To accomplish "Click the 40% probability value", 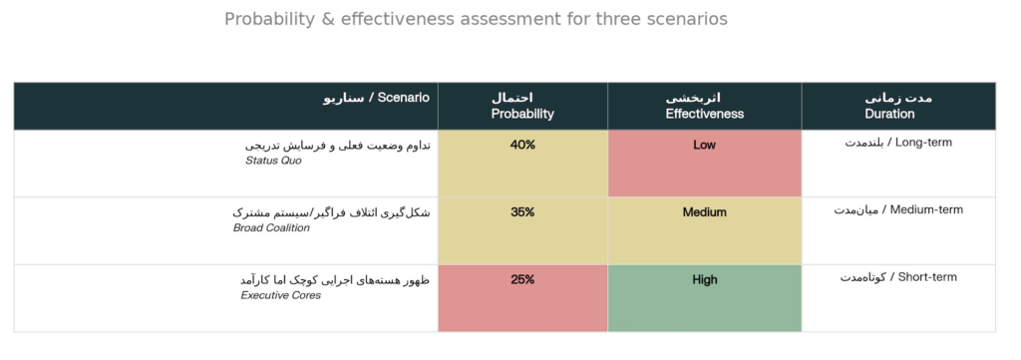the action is tap(522, 145).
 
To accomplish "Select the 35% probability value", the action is tap(522, 212).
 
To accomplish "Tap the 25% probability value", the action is tap(522, 279).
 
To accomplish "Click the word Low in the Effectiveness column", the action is tap(704, 145).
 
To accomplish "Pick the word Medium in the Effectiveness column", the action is tap(704, 212).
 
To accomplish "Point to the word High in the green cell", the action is tap(704, 279).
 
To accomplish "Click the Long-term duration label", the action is tap(923, 142).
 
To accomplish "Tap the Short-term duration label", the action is tap(927, 276).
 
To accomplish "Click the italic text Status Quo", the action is tap(273, 161).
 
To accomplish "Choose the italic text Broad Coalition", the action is tap(271, 227).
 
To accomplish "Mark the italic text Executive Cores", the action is tap(280, 295).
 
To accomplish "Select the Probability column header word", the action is tap(522, 114).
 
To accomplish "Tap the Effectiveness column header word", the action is tap(705, 114).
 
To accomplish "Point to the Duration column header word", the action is tap(889, 114).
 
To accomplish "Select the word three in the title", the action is tap(618, 20).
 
